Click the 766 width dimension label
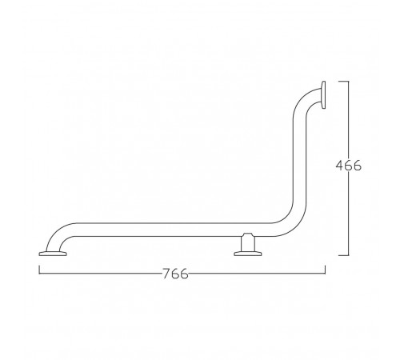175,274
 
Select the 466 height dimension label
348,166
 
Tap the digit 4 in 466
339,166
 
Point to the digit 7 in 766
166,274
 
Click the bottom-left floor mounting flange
53,254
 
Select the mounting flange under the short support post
248,254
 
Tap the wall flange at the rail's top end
323,95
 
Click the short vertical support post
248,244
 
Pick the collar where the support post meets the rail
248,234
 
